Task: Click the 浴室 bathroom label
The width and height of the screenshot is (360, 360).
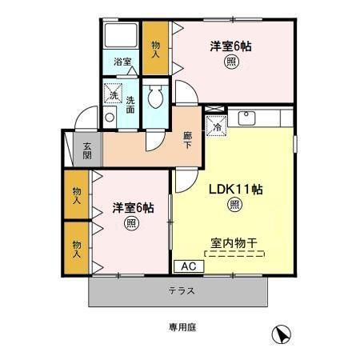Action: [x=122, y=62]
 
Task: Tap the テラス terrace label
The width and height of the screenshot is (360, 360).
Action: [x=182, y=290]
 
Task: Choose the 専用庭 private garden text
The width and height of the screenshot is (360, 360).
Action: [x=182, y=326]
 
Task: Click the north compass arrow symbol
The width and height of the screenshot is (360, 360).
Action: [x=281, y=335]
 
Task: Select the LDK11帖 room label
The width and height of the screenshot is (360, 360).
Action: [x=238, y=190]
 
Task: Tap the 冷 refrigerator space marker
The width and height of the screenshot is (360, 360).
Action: [x=216, y=126]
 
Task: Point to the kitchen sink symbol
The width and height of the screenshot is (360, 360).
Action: [x=247, y=119]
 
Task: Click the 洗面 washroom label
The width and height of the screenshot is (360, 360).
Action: [x=130, y=106]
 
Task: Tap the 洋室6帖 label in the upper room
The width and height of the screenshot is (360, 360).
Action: [x=231, y=47]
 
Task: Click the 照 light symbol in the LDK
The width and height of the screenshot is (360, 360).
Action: [x=234, y=206]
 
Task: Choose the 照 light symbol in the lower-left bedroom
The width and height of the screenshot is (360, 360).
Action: [x=130, y=223]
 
